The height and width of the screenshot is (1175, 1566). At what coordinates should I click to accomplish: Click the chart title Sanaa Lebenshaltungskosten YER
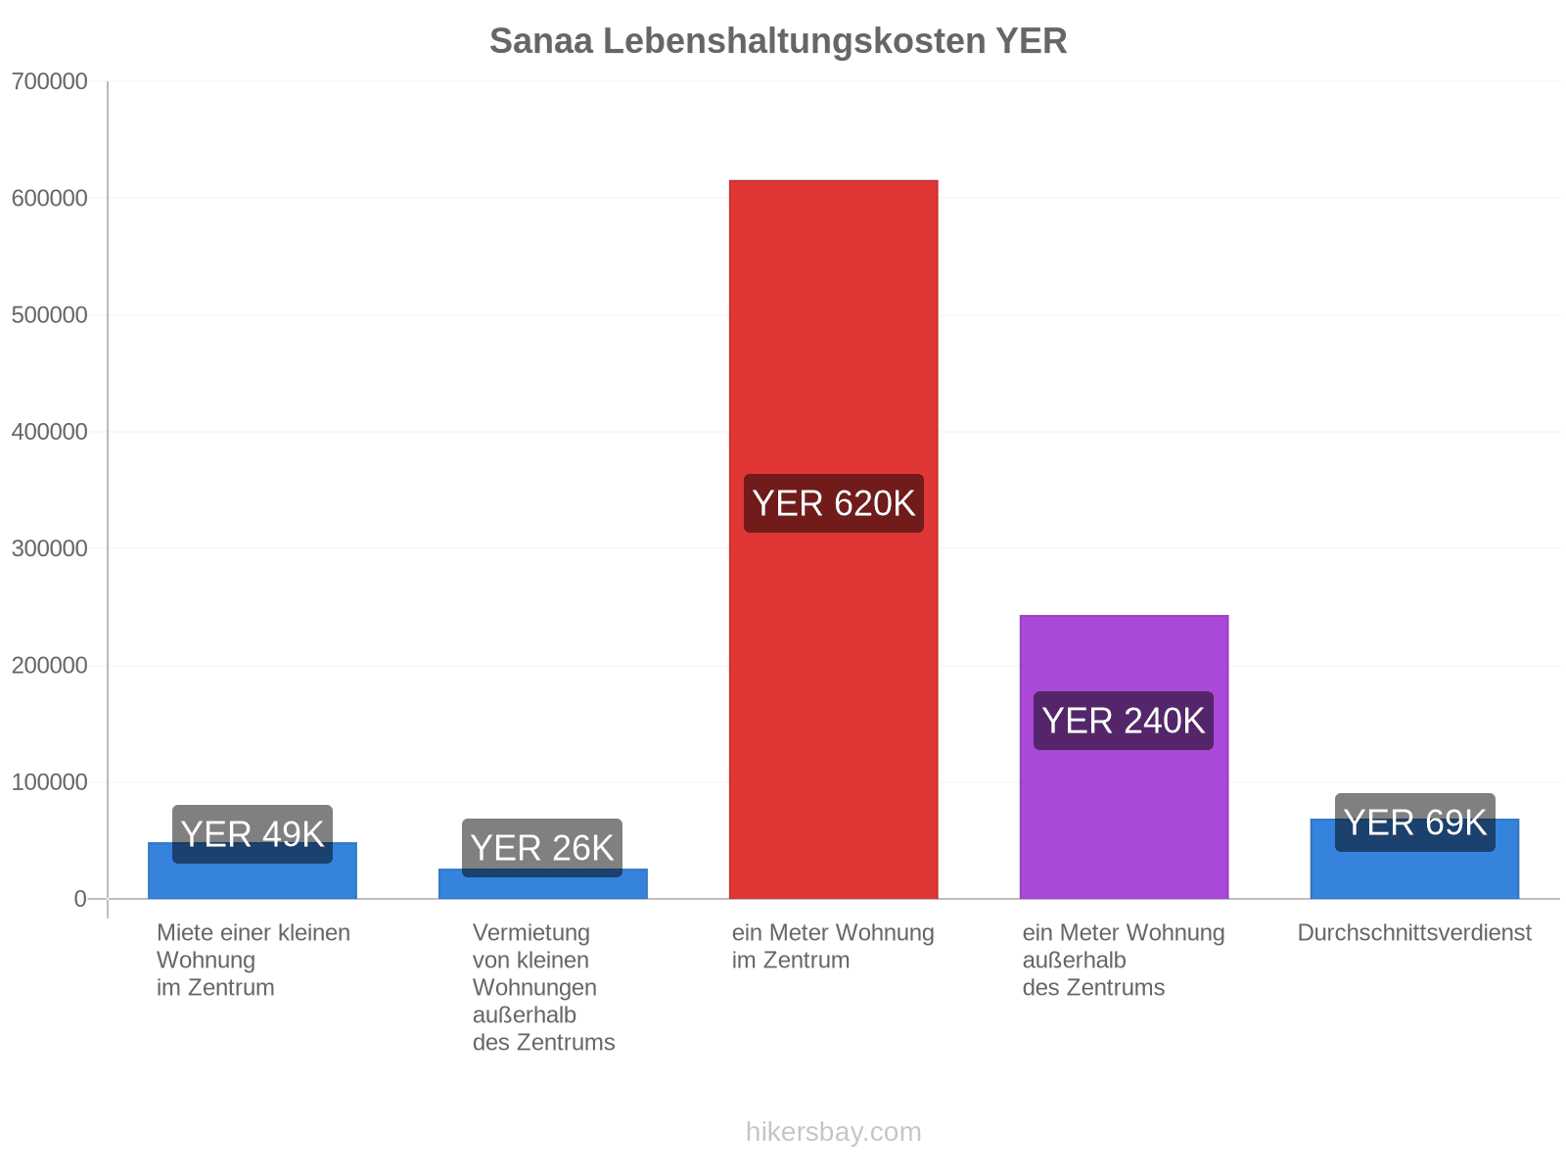[778, 41]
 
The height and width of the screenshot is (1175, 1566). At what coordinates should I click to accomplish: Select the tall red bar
[833, 540]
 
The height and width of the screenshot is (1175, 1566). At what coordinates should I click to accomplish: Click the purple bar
[1124, 757]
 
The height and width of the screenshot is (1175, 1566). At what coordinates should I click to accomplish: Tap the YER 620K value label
[833, 503]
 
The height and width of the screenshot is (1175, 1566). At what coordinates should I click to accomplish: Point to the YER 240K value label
[1124, 721]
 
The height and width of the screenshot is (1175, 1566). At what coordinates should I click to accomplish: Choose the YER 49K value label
[253, 834]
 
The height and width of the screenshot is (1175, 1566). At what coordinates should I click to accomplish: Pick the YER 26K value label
[542, 848]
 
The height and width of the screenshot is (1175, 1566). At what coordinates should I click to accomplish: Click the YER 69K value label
[1415, 822]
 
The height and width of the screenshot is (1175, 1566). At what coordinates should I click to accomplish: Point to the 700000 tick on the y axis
[50, 81]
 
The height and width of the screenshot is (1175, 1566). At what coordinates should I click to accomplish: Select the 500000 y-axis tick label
[50, 314]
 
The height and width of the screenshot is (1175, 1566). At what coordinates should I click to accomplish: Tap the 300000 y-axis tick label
[50, 548]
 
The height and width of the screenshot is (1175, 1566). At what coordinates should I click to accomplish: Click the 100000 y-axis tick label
[50, 782]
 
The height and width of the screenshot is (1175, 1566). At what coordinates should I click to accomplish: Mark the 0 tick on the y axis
[80, 899]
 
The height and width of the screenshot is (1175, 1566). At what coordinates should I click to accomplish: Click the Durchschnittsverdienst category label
[1414, 933]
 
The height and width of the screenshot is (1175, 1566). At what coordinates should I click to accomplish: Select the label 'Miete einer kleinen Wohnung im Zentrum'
[253, 961]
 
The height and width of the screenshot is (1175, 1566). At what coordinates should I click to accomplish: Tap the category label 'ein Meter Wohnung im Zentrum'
[833, 947]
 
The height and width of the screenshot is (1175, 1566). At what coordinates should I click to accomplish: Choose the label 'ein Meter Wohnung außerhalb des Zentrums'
[1124, 961]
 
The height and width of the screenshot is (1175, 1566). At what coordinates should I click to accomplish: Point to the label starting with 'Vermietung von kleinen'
[543, 987]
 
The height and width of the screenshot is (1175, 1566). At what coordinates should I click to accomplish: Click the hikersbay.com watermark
[833, 1132]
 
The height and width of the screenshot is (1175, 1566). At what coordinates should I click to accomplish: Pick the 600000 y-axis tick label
[50, 199]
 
